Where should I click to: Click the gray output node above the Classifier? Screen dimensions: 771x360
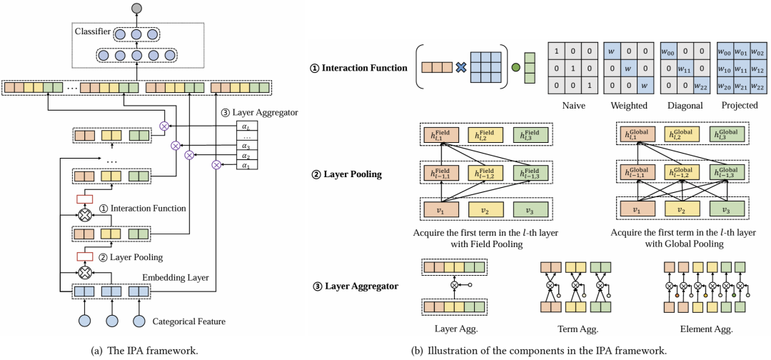coord(136,9)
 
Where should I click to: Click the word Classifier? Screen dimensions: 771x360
coord(92,32)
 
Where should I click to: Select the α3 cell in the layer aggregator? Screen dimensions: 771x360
coord(247,146)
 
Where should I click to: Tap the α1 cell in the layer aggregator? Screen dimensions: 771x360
coord(247,166)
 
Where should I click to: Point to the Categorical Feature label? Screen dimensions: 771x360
coord(188,322)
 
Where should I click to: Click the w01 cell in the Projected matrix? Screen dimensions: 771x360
coord(737,51)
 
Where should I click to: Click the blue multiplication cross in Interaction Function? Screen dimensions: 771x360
coord(460,69)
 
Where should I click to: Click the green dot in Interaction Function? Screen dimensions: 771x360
coord(515,69)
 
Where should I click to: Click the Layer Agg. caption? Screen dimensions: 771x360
coord(453,329)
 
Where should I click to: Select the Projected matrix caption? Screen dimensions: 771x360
coord(737,105)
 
